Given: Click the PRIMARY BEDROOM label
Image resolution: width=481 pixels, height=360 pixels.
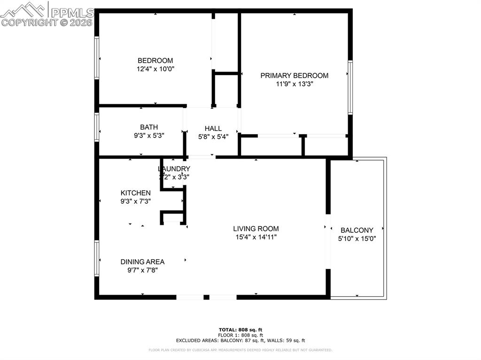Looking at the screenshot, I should [295, 76].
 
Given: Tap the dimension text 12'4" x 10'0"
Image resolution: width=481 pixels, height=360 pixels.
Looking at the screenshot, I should [155, 69].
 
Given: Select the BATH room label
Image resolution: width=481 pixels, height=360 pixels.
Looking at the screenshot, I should [149, 127].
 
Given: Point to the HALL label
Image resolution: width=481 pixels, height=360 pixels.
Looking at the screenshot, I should [213, 129].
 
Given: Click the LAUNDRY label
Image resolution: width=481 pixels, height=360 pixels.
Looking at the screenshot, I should [174, 169].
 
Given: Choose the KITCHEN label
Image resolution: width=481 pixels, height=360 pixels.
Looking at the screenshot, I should [136, 193].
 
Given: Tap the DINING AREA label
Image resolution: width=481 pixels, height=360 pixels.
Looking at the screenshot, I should [142, 262].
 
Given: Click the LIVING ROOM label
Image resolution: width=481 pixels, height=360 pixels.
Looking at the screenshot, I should [256, 229].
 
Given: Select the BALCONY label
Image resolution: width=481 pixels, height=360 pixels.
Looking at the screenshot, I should [357, 230].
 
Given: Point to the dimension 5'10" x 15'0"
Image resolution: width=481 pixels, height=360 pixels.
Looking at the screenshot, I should [357, 238].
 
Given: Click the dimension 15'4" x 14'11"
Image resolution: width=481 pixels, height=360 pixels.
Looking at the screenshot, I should [256, 237].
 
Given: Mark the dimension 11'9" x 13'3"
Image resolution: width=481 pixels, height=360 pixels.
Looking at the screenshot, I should [295, 84].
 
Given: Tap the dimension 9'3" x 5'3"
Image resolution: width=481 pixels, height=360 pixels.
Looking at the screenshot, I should [149, 135].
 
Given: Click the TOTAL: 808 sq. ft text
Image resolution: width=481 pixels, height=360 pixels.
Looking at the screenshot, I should [240, 329].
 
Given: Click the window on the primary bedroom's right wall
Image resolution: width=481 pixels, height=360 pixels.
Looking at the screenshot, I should [350, 87].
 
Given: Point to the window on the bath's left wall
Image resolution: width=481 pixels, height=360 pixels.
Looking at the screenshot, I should [97, 127].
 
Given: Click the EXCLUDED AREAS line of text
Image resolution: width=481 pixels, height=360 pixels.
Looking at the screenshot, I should [240, 340].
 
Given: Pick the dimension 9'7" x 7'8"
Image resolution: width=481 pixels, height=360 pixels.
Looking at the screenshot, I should [142, 270].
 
